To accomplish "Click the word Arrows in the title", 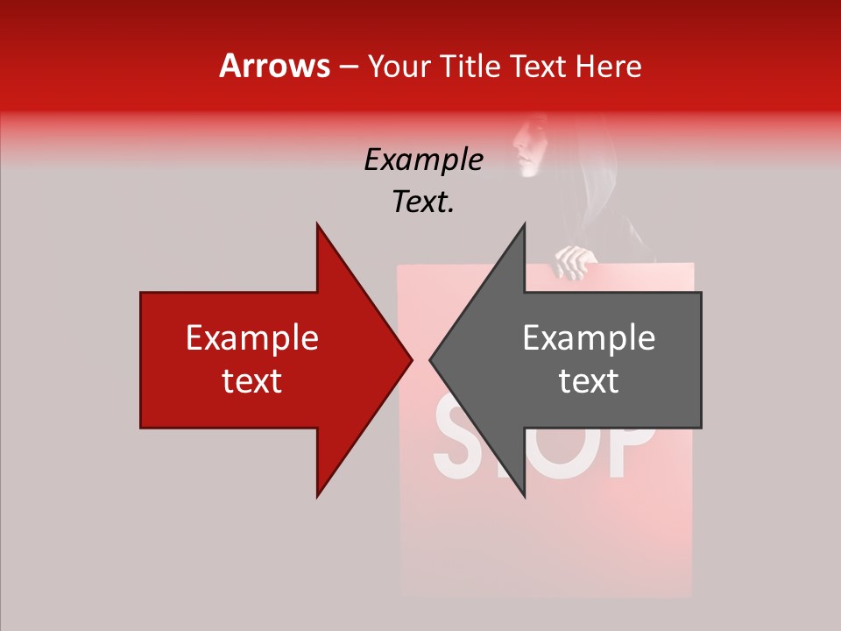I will point(275,66).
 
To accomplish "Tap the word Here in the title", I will point(608,66).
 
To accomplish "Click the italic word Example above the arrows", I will point(423,160).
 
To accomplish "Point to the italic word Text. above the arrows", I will point(423,202).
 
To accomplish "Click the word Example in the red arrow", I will point(252,338).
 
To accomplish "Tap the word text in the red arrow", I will point(252,381).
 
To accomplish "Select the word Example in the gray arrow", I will point(589,338).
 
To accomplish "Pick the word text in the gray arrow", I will point(589,381).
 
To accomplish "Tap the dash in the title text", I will point(348,67).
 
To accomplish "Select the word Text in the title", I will point(538,66).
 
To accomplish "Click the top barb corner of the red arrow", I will point(317,224).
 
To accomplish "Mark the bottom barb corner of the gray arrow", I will point(524,496).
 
